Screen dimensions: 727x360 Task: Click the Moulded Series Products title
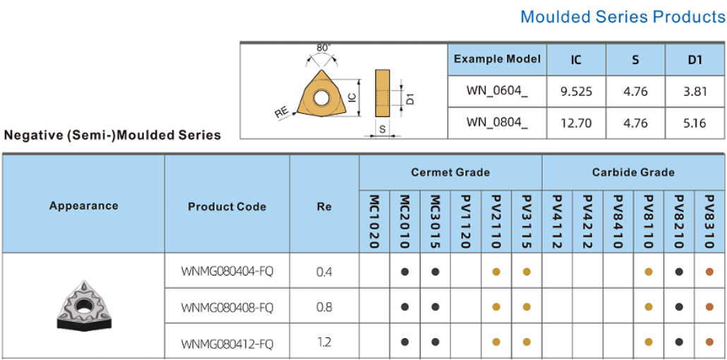(x=623, y=17)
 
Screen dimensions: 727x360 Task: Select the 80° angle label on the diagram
(x=324, y=48)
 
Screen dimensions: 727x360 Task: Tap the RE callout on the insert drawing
(x=282, y=113)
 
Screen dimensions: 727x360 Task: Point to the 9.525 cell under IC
(x=576, y=91)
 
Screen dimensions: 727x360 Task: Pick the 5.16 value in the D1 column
(x=695, y=123)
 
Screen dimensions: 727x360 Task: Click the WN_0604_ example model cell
(x=497, y=90)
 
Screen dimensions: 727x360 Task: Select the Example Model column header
(x=497, y=59)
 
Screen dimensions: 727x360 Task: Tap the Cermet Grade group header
(x=450, y=172)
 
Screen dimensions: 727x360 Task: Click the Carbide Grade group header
(x=633, y=172)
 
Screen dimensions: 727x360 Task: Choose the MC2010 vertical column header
(x=404, y=221)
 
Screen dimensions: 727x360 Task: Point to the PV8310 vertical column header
(x=709, y=221)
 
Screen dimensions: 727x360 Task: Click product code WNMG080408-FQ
(x=227, y=307)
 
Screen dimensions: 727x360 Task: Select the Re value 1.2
(x=324, y=343)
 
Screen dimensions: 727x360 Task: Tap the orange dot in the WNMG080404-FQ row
(x=709, y=272)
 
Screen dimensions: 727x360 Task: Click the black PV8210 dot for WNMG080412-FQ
(x=679, y=342)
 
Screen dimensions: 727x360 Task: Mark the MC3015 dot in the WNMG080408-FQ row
(x=435, y=306)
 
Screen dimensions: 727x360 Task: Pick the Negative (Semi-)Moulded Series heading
(x=112, y=135)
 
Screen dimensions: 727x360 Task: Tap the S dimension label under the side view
(x=382, y=130)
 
